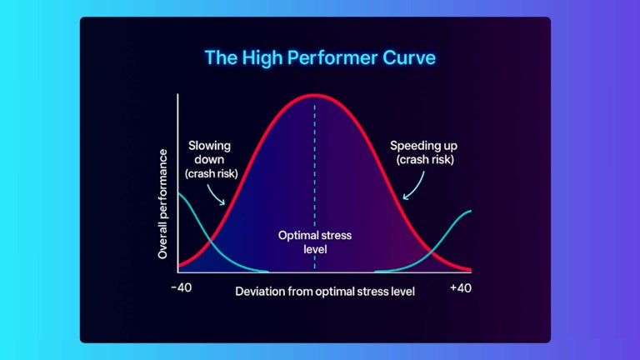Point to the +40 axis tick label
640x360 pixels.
[x=461, y=288]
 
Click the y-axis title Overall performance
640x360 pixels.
[x=163, y=204]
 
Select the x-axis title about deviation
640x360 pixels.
[x=325, y=292]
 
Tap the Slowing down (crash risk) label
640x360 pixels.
[x=208, y=159]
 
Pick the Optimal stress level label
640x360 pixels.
[x=315, y=242]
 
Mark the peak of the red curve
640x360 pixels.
[x=314, y=95]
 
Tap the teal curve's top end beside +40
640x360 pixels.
[x=470, y=211]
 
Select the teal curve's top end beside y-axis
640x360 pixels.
[x=180, y=194]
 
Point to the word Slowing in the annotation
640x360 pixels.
[x=208, y=145]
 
